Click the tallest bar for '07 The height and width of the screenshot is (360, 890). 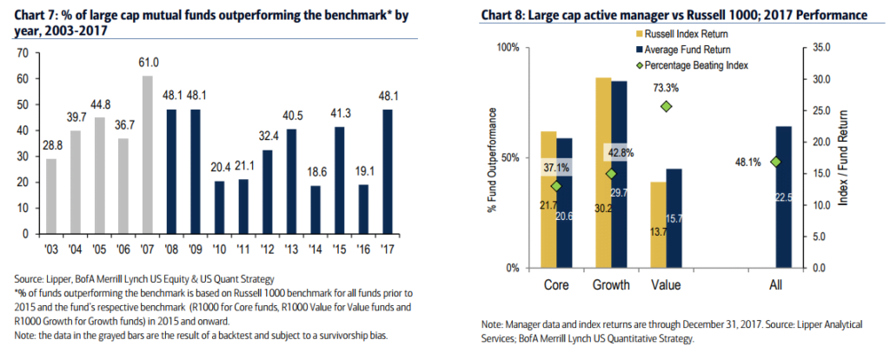[x=148, y=155]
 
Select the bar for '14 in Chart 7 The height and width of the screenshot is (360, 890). [x=315, y=210]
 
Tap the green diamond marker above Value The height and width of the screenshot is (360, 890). [x=667, y=106]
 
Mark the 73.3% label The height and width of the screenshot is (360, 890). [x=667, y=88]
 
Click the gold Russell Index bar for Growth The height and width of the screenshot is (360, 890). [x=603, y=172]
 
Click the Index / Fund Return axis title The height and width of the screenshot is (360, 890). [x=842, y=159]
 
